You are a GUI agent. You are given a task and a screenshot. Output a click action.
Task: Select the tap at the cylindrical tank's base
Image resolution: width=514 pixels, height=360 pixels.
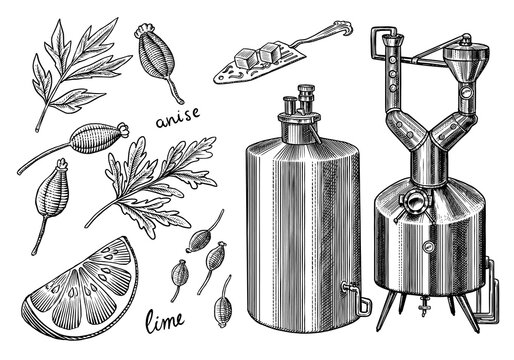352,294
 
